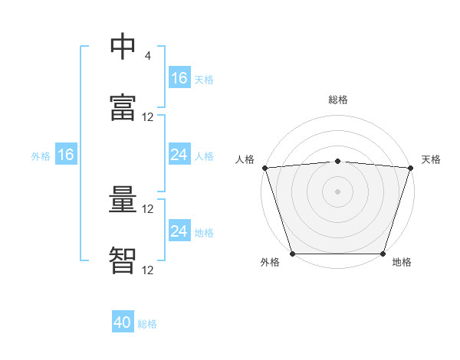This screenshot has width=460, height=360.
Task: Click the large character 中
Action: (x=123, y=47)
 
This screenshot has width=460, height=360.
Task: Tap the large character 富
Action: (x=123, y=110)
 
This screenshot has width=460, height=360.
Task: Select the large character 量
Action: (x=123, y=201)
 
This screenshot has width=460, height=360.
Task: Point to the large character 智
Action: (x=123, y=261)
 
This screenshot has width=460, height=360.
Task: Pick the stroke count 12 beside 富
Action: (x=148, y=117)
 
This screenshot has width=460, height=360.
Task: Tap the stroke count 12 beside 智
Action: (x=148, y=270)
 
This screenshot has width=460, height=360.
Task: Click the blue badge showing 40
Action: (x=123, y=323)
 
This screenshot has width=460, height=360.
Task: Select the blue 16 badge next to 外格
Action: (x=65, y=155)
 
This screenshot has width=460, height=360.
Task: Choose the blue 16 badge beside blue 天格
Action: (x=179, y=78)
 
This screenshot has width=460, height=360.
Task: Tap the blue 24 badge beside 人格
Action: (x=179, y=155)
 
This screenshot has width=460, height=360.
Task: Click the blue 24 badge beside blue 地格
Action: (x=179, y=231)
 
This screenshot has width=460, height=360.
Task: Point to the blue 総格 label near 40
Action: (x=148, y=324)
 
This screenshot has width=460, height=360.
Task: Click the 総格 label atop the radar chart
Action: (x=338, y=100)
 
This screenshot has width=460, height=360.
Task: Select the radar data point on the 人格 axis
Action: (x=264, y=168)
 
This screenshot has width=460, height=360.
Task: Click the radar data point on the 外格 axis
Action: (x=293, y=254)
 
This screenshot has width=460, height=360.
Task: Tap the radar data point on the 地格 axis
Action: (x=383, y=254)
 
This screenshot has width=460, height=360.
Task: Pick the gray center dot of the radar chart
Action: (x=338, y=191)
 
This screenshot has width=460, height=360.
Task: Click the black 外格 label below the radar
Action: (x=270, y=263)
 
